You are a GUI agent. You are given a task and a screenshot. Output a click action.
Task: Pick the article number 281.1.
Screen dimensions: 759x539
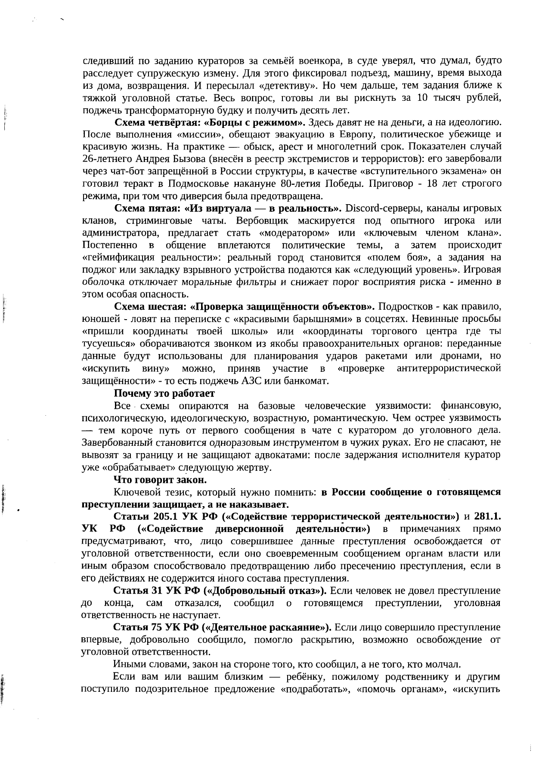[486, 516]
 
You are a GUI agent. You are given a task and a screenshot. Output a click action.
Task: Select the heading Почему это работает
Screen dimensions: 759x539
[164, 393]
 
